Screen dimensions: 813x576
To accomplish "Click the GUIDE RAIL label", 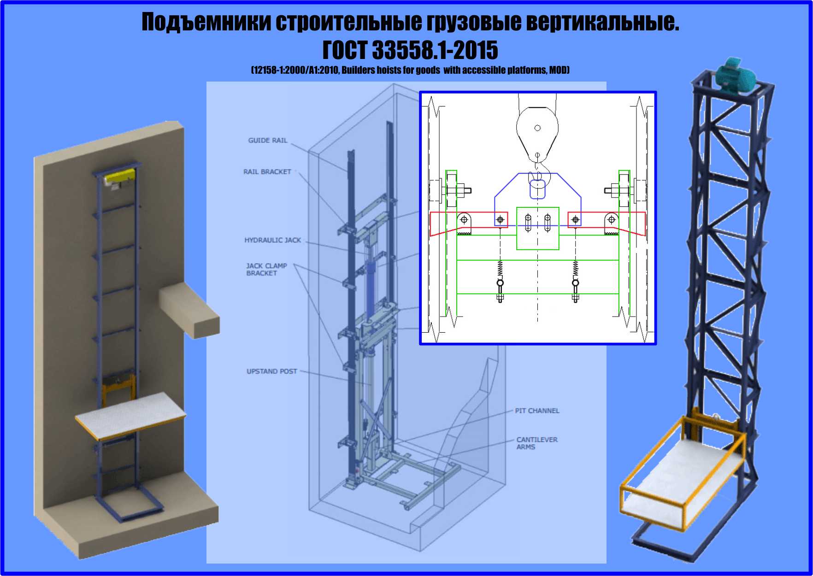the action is tap(268, 140).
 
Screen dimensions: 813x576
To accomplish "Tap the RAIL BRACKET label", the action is tap(267, 171).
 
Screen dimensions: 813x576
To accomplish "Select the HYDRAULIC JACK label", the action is tap(272, 240).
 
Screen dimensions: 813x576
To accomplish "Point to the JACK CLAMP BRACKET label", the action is tap(266, 270).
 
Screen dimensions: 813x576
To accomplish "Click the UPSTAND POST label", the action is tap(272, 371).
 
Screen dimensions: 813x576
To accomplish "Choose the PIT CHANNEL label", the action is tap(537, 411).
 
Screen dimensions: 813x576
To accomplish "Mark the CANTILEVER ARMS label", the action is tap(537, 443).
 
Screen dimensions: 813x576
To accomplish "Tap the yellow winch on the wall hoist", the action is tap(119, 177).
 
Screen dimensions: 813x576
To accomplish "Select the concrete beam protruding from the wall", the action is tap(189, 310).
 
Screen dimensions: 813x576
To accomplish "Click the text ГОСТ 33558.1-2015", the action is tap(410, 50).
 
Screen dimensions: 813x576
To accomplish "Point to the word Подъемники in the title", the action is tap(206, 22).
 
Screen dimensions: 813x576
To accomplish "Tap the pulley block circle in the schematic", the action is tap(537, 128).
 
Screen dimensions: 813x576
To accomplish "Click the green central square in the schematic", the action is tap(538, 229).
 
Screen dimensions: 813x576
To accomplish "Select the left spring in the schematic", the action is tap(500, 269).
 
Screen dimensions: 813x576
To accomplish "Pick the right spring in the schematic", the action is tap(575, 269).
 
